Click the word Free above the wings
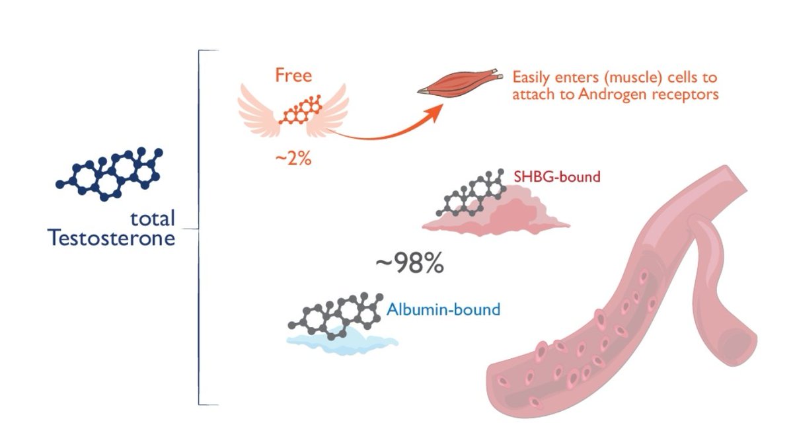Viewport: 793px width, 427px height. point(293,74)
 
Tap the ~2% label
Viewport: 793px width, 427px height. point(293,159)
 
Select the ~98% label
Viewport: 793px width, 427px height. point(409,264)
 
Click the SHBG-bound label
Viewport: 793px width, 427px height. point(557,177)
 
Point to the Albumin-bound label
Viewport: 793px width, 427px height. point(443,309)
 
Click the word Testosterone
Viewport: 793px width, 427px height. point(112,237)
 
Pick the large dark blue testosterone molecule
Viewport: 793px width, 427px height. point(109,174)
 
